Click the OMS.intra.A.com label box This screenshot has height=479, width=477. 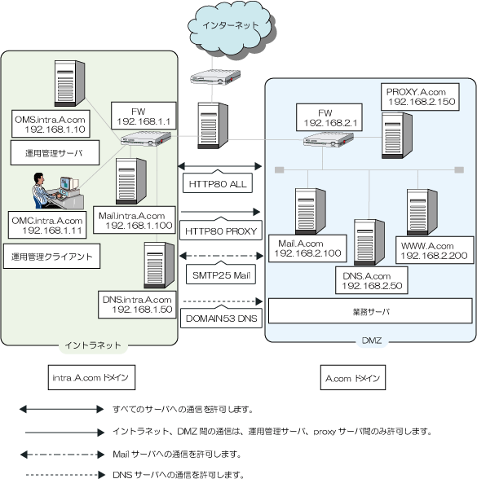(x=51, y=124)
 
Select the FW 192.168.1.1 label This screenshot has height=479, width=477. (x=144, y=116)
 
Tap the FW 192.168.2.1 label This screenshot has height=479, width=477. (x=329, y=117)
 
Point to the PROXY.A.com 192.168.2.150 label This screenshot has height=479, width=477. (x=420, y=96)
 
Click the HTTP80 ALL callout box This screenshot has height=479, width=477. (x=218, y=182)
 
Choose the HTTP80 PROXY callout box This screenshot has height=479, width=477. (x=221, y=230)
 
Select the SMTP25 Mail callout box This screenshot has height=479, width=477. (x=221, y=274)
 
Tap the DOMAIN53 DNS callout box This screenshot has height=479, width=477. (x=221, y=318)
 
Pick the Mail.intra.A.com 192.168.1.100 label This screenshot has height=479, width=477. (x=135, y=220)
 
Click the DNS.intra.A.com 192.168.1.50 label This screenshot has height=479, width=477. (x=137, y=305)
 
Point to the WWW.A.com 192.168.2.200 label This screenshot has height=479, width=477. (x=435, y=250)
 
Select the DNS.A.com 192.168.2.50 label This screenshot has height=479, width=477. (x=372, y=280)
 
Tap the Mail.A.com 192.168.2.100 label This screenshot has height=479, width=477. (x=307, y=248)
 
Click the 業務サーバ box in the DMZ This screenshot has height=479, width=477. (x=370, y=311)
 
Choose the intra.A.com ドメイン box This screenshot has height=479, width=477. (x=91, y=378)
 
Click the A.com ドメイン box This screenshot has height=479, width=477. (x=353, y=378)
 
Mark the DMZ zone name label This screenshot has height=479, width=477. (x=372, y=341)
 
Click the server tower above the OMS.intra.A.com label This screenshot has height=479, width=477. (x=70, y=83)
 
